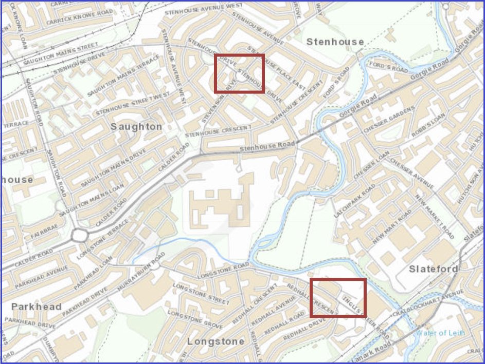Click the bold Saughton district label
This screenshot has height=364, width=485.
136,126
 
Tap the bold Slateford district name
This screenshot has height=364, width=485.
433,269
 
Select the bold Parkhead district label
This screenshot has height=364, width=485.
37,306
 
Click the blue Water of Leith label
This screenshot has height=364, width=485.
440,333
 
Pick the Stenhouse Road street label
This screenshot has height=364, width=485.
267,147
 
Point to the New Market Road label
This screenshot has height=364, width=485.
435,217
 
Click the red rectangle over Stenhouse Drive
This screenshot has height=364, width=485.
239,73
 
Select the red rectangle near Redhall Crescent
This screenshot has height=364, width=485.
338,297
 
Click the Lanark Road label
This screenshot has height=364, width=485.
381,352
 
